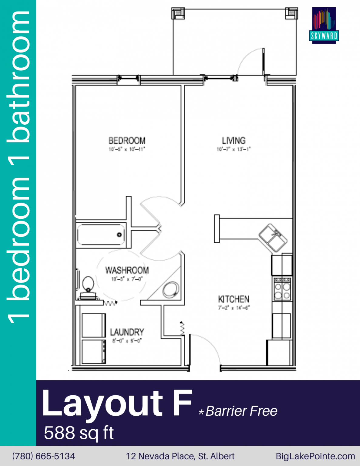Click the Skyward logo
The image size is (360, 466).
[324, 25]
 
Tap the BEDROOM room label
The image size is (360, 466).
[127, 141]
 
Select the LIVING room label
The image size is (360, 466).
[234, 141]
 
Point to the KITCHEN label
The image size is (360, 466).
[234, 299]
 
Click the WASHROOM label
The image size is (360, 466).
[127, 270]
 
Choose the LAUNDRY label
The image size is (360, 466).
[127, 332]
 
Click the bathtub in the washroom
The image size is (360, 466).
[101, 235]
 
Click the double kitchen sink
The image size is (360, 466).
[273, 238]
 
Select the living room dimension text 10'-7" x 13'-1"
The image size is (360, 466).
[234, 149]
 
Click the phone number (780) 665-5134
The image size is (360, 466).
[44, 456]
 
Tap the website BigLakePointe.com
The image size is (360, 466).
[315, 456]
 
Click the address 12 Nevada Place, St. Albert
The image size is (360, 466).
[180, 456]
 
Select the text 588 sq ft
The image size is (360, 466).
[79, 433]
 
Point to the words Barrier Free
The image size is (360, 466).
[241, 411]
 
